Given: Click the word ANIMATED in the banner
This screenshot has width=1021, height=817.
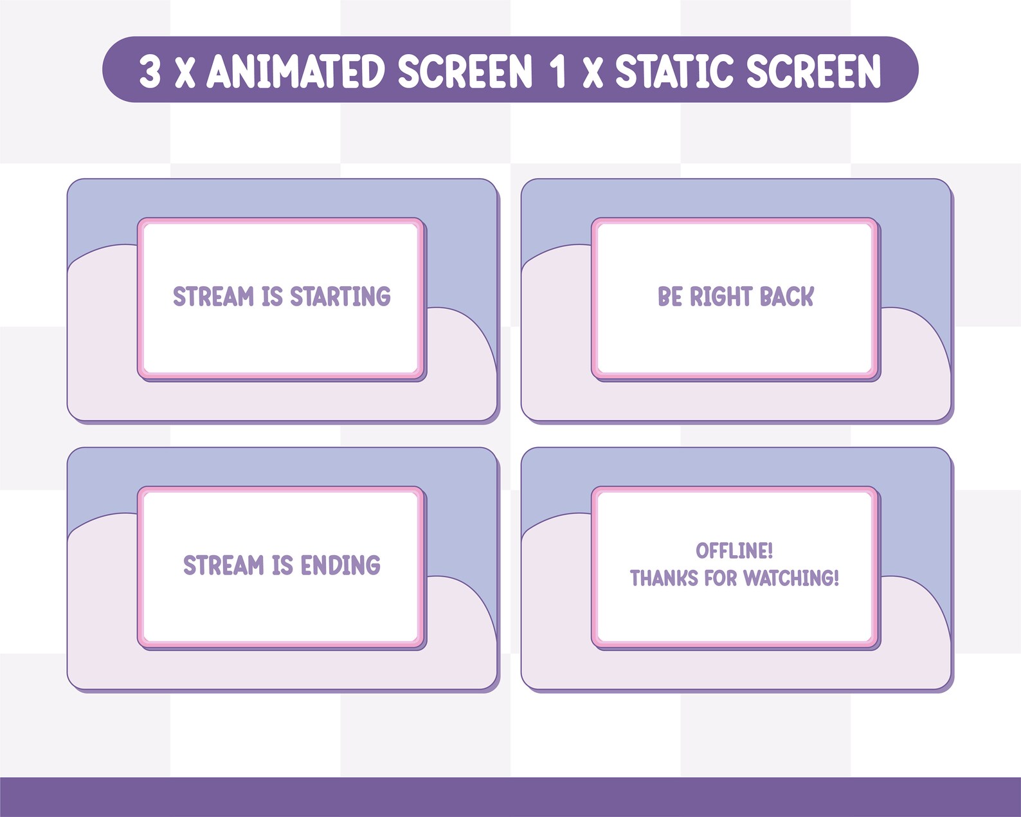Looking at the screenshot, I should click(296, 71).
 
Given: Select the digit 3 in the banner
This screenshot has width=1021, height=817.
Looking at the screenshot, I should click(150, 71).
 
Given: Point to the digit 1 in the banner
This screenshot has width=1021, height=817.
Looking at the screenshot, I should click(558, 71).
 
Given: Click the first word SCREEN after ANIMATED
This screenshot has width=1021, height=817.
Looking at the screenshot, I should click(465, 71).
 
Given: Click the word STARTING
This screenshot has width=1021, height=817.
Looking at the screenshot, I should click(340, 297).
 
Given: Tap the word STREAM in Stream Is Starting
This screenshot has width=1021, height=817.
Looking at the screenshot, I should click(213, 297).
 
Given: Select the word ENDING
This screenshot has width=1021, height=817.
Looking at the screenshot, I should click(340, 565).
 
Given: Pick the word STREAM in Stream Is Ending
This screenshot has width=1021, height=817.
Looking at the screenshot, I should click(224, 565).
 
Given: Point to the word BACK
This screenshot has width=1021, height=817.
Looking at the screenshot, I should click(786, 297).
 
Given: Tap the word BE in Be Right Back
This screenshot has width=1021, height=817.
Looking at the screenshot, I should click(669, 297).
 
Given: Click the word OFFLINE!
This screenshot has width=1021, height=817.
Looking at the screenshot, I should click(734, 551).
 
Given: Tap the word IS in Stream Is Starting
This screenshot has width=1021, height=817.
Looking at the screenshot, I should click(272, 297).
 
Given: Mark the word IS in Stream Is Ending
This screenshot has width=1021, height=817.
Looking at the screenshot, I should click(282, 565).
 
